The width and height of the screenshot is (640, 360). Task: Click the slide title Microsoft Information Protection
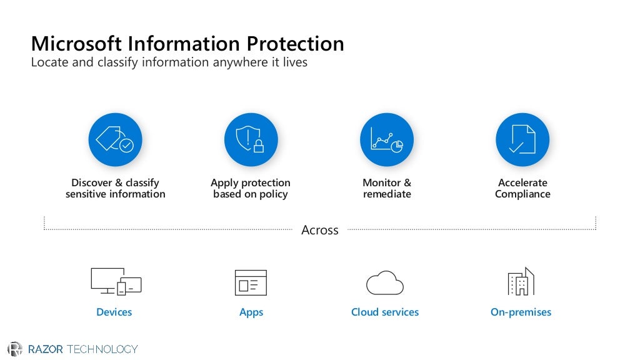[x=187, y=44]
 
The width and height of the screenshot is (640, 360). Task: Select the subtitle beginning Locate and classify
[x=169, y=62]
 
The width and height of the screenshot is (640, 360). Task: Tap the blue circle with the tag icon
[x=115, y=139]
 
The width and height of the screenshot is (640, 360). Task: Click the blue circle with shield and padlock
[x=251, y=139]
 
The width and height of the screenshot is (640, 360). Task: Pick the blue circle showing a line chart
[x=387, y=139]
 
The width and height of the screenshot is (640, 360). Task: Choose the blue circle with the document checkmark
[x=522, y=139]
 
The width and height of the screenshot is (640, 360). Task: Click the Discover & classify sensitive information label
[x=115, y=188]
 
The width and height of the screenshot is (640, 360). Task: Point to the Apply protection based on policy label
[x=251, y=188]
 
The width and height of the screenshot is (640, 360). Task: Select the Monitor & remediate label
[x=387, y=188]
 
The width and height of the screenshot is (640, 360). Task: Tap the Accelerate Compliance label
[x=522, y=188]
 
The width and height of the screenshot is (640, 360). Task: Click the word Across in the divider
[x=320, y=230]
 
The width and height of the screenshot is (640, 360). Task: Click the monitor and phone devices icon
[x=116, y=281]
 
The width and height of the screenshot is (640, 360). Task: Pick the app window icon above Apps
[x=251, y=282]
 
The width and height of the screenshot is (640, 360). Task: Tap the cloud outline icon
[x=385, y=282]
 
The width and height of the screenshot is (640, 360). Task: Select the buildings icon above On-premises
[x=521, y=282]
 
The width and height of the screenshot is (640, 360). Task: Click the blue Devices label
[x=114, y=312]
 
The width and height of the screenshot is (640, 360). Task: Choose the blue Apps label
[x=251, y=312]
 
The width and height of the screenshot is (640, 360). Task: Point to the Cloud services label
[x=385, y=312]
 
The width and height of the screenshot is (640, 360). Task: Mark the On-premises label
[x=521, y=312]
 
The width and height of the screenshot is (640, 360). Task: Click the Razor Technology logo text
[x=82, y=349]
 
